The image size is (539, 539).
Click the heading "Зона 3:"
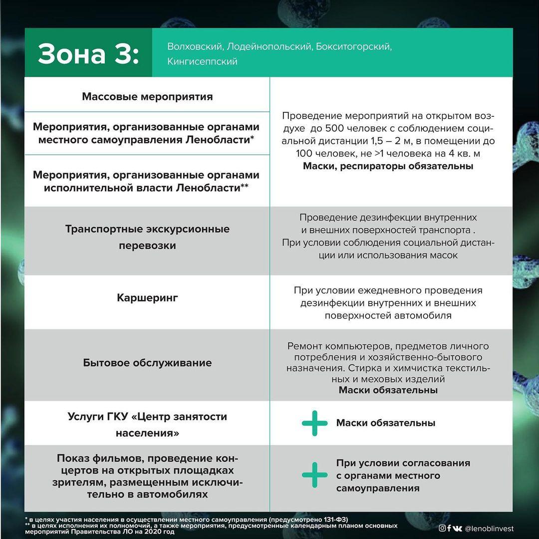coord(88,53)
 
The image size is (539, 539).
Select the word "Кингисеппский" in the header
coord(202,61)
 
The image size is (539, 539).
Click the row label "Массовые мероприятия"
coord(147,96)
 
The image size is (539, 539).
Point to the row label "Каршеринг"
coord(147,298)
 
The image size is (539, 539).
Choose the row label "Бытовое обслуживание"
coord(147,363)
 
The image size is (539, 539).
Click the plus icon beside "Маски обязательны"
coord(315,423)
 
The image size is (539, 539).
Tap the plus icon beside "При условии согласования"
coord(315,475)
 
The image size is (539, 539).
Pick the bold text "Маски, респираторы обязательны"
coord(388,166)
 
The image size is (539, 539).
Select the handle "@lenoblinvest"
coord(489,529)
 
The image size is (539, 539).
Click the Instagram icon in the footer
coord(442,529)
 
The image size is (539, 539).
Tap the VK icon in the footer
coord(457,529)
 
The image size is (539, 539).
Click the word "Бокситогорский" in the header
coord(354,46)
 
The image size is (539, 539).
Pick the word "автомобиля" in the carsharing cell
coord(427,315)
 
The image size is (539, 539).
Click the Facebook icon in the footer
coord(449,529)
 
